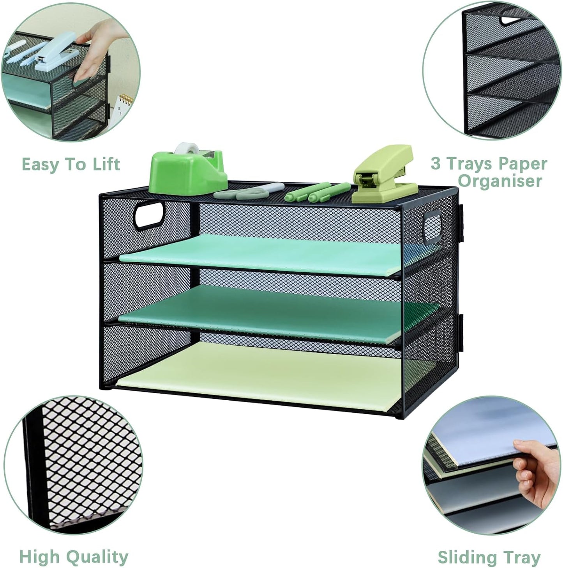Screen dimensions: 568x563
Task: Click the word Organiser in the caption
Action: [x=500, y=181]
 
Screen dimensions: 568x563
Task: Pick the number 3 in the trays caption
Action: [x=436, y=163]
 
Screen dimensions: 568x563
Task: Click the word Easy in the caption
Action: [x=41, y=164]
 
